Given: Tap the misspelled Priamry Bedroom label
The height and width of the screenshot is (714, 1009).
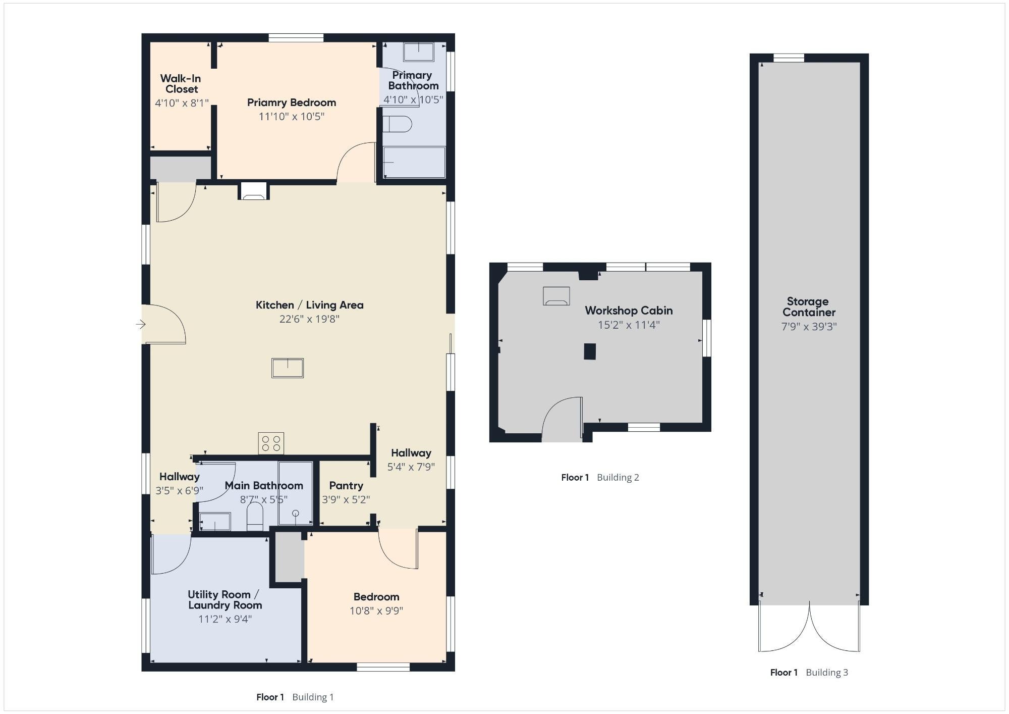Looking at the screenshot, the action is [292, 103].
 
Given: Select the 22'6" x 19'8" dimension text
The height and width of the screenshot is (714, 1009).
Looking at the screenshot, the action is [309, 319].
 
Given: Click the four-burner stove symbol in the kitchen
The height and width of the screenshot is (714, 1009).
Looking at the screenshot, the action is [271, 443].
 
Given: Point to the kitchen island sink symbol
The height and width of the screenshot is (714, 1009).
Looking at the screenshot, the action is [288, 368].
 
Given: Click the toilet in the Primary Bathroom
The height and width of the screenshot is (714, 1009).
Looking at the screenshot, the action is [398, 124].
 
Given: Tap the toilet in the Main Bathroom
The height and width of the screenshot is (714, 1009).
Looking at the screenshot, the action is [255, 516].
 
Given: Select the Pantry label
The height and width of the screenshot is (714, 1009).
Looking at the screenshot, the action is [346, 485].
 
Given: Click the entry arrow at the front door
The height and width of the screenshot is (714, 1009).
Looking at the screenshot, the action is [141, 324].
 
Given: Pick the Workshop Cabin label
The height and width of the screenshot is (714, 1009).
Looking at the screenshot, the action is [629, 311].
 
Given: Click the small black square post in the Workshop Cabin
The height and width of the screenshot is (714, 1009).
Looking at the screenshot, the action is [590, 351].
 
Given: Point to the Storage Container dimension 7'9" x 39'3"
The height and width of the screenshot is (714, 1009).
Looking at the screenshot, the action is [809, 327].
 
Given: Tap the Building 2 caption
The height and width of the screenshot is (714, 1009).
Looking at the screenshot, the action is [618, 477].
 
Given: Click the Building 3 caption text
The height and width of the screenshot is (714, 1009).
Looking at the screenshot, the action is [827, 672].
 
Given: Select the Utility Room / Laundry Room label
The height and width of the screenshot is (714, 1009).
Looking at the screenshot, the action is [225, 600].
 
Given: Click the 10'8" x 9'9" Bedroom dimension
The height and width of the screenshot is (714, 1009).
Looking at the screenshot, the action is [376, 611].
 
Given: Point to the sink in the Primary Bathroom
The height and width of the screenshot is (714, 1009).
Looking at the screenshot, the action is [419, 52].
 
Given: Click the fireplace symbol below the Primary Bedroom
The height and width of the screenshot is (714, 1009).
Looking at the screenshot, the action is [253, 191].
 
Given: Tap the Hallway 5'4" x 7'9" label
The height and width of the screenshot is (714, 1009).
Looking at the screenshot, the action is [411, 460].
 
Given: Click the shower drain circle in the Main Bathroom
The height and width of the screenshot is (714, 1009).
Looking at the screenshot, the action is [296, 514].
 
